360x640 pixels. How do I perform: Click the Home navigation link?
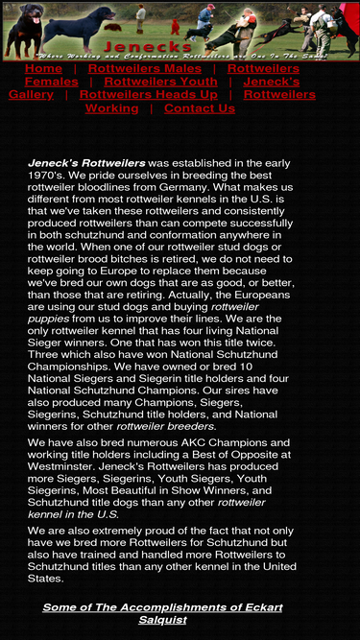point(43,69)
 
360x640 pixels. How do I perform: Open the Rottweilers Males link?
point(145,69)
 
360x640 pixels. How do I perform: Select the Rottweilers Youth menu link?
point(160,82)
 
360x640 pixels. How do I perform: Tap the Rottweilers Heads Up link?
point(154,95)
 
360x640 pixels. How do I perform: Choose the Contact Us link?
point(200,108)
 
